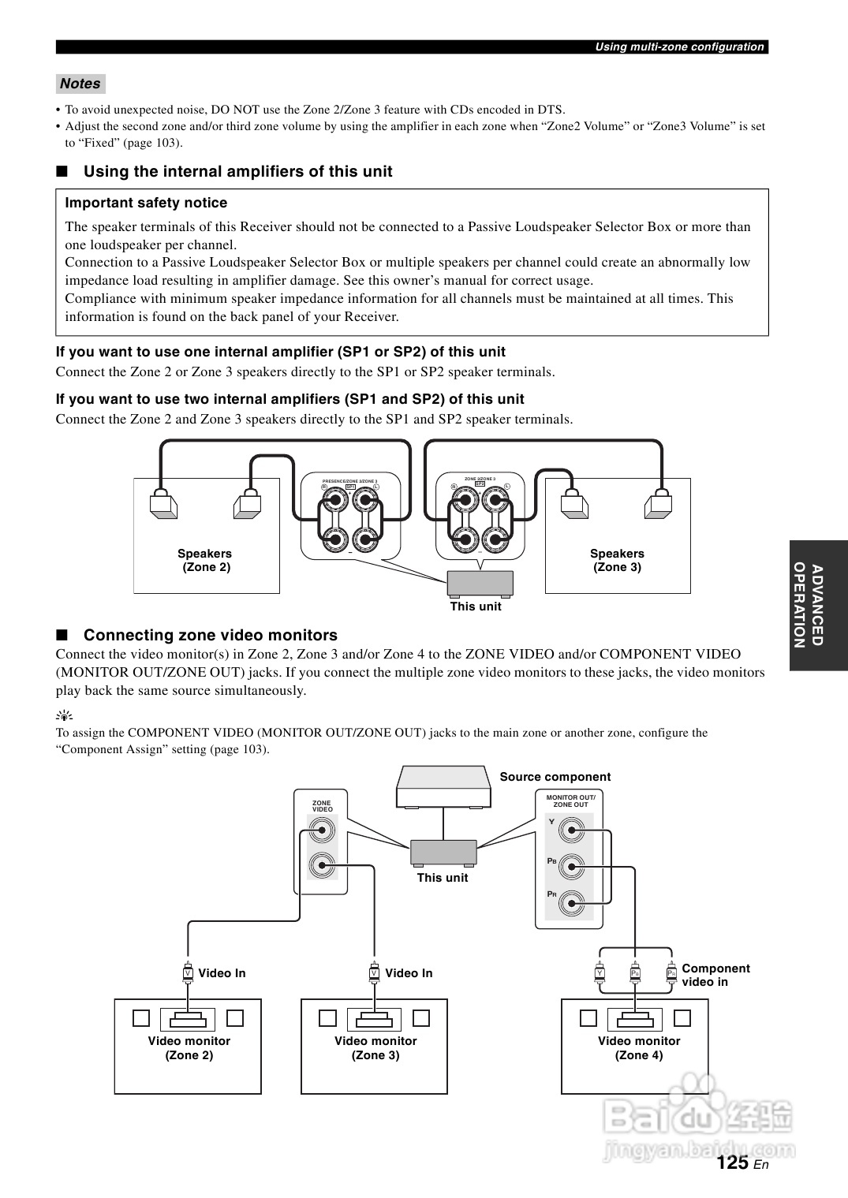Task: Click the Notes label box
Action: [80, 84]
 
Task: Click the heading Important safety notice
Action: [146, 203]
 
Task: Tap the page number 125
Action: [733, 1163]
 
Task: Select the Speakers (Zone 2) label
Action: [205, 560]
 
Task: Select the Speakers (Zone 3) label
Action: [617, 560]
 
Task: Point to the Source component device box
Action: [443, 787]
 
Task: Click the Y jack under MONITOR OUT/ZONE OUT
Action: [571, 829]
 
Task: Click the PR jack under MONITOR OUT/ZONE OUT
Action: [571, 902]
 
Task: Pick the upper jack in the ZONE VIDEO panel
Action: [322, 830]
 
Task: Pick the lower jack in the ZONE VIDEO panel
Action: [322, 865]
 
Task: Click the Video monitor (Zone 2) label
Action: [189, 1048]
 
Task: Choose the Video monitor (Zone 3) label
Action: [375, 1048]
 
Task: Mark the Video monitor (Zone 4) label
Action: [638, 1048]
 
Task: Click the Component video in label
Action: [715, 975]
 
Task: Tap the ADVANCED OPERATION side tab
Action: [818, 605]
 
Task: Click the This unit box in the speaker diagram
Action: [480, 584]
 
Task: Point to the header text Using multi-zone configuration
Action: [679, 47]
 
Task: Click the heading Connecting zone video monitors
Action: [210, 635]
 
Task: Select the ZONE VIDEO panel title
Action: [322, 806]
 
